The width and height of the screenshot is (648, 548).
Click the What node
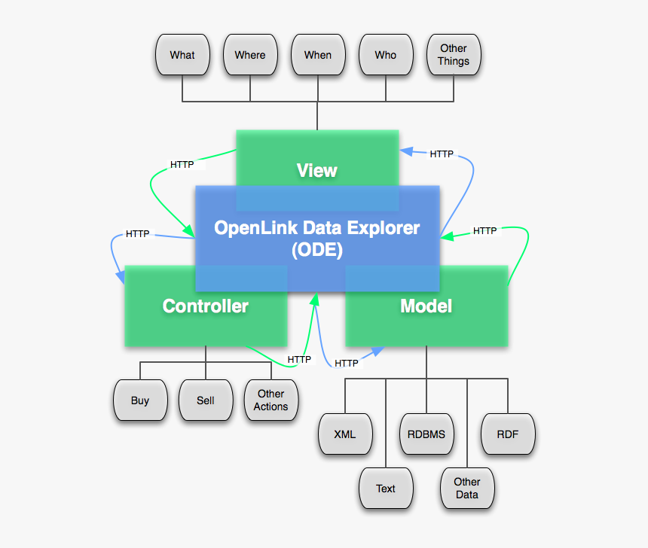tap(182, 55)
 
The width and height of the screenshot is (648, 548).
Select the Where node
tap(250, 55)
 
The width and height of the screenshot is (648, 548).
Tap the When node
tap(318, 55)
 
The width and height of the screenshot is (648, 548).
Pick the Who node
tap(386, 55)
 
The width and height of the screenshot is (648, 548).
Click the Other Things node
tap(454, 55)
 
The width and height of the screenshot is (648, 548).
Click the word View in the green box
tap(317, 171)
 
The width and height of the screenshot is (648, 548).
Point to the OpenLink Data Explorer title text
tap(317, 228)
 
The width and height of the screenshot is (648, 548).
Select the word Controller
tap(206, 306)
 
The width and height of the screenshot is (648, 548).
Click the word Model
tap(426, 306)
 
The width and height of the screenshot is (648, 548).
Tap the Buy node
tap(140, 400)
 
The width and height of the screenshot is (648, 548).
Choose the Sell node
tap(206, 400)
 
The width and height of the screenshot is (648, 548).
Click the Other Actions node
tap(271, 400)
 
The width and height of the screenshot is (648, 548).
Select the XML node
tap(345, 434)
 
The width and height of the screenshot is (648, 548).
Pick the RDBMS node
tap(426, 434)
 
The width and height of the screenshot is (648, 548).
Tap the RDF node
tap(508, 434)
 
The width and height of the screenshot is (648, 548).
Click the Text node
tap(386, 489)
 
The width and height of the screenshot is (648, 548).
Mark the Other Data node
tap(467, 488)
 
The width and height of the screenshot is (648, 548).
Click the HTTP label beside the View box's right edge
tap(442, 154)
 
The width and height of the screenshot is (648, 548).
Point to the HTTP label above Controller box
tap(137, 234)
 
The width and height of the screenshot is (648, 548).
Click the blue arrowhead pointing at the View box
tap(405, 151)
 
